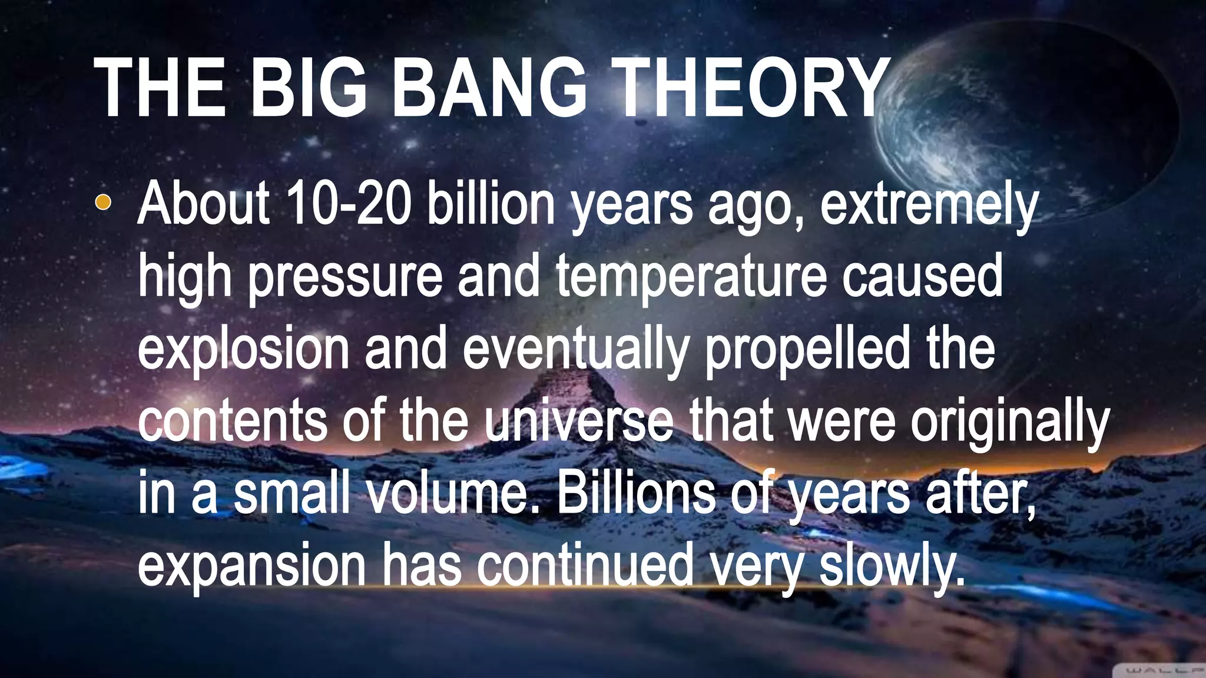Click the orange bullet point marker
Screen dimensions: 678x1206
click(102, 202)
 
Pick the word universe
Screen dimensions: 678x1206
click(580, 421)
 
